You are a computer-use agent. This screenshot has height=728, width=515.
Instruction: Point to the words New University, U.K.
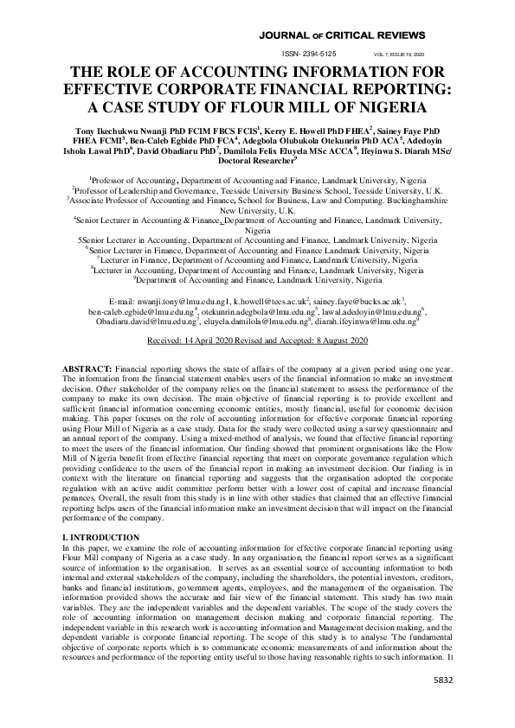[x=257, y=210]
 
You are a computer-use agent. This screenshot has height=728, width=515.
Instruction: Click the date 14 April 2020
[x=212, y=342]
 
